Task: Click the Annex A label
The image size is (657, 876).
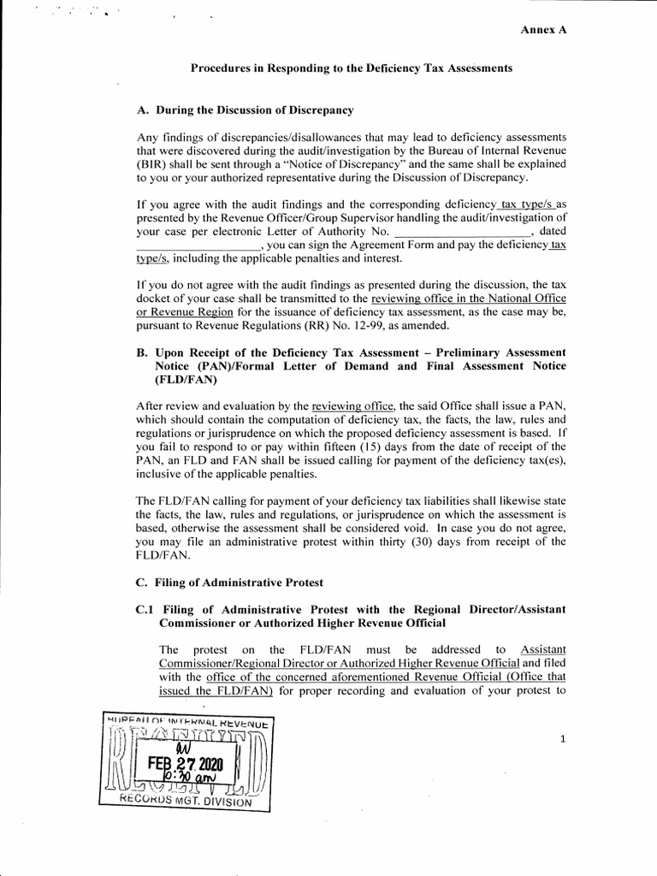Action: click(545, 29)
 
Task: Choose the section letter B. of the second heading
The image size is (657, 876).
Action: click(143, 352)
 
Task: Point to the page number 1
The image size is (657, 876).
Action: click(562, 740)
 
